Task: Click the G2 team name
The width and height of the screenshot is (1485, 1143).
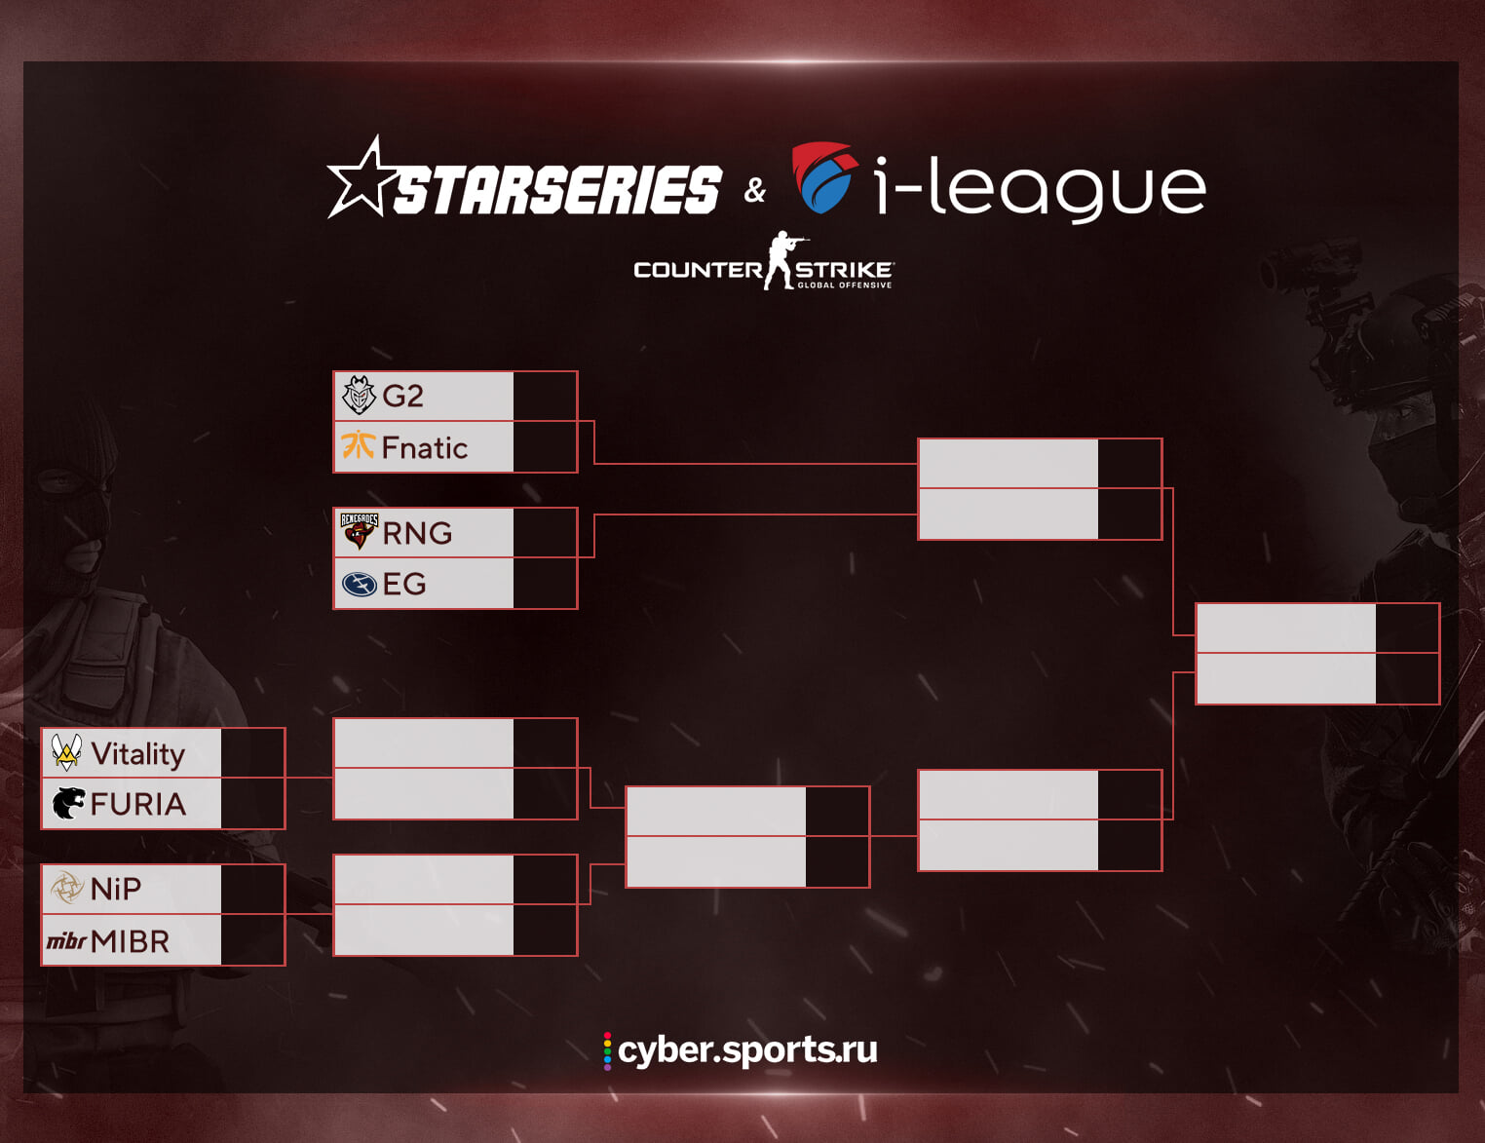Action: [402, 397]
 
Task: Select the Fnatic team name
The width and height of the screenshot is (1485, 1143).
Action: [424, 448]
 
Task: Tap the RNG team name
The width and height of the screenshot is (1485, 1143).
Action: [417, 533]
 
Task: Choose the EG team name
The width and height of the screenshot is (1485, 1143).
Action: [404, 584]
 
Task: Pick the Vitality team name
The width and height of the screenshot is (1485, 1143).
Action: [137, 753]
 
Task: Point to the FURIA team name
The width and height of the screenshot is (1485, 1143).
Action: [137, 805]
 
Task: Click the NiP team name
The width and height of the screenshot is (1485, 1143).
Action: [115, 889]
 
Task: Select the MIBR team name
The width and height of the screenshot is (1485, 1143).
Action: [130, 941]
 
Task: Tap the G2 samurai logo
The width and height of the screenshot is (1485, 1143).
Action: [359, 396]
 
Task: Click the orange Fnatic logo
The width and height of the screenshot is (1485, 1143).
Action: [358, 445]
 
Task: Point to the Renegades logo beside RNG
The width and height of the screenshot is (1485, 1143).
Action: [359, 531]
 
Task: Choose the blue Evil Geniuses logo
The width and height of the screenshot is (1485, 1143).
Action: [359, 584]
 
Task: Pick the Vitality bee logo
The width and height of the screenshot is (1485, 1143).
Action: [66, 752]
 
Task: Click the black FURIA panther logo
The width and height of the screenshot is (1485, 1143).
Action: [67, 804]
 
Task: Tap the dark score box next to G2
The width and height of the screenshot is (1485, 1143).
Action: [545, 396]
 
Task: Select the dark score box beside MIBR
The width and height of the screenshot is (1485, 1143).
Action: [252, 940]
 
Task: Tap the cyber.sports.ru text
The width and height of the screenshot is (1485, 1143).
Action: [746, 1049]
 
